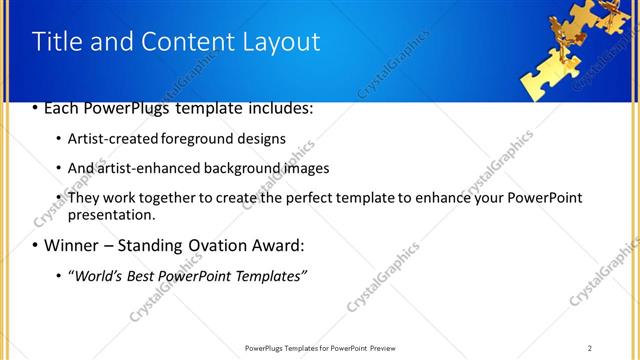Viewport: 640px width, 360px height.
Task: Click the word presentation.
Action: coord(111,214)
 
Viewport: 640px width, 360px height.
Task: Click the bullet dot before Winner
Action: coord(35,246)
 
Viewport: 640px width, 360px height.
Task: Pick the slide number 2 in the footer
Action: coord(589,348)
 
